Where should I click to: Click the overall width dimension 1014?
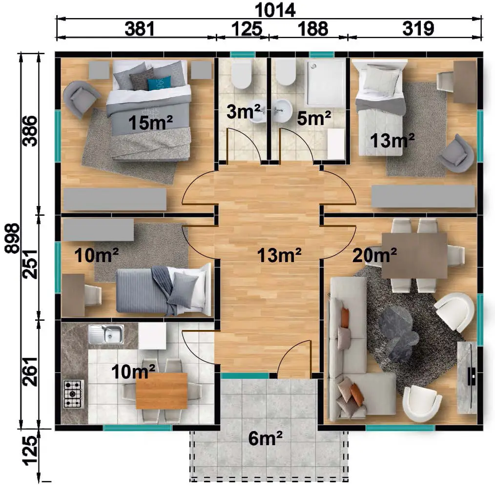tap(275, 10)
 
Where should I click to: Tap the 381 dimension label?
tap(140, 29)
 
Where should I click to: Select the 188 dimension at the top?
tap(313, 29)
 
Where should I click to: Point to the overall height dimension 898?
tap(12, 238)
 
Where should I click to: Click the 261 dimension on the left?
tap(30, 372)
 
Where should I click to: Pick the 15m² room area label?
tap(150, 123)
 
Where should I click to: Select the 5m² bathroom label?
tap(314, 118)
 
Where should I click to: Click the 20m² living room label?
tap(374, 255)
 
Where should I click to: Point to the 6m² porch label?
tap(265, 438)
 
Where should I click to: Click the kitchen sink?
tap(106, 334)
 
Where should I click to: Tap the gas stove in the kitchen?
tap(73, 394)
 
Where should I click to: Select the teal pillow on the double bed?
tap(160, 83)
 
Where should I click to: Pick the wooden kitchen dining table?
tap(162, 391)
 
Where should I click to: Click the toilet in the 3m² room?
tap(242, 75)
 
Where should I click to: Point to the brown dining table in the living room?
tap(414, 256)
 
